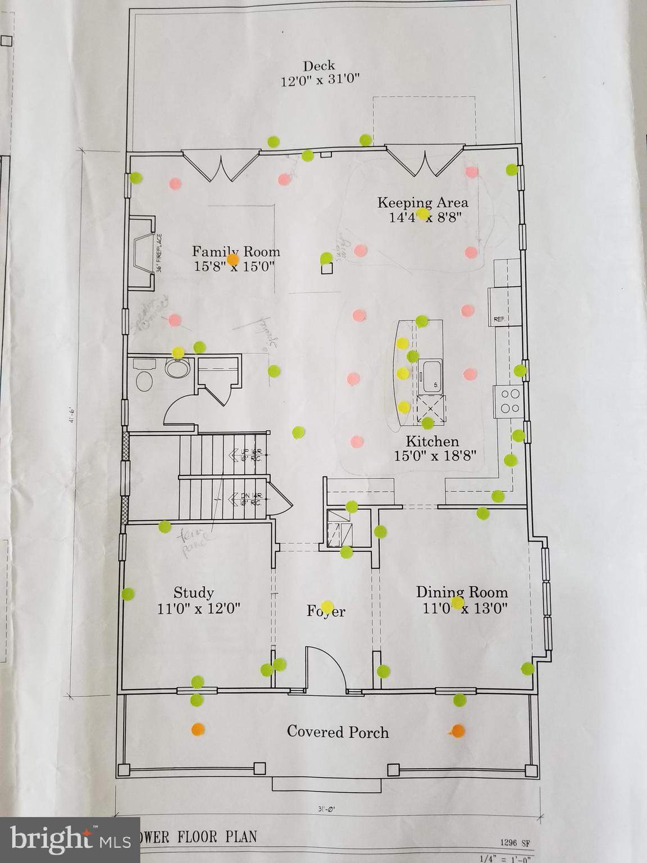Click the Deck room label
click(320, 66)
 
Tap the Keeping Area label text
click(422, 203)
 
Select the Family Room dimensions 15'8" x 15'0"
click(234, 266)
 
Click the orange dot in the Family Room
click(233, 260)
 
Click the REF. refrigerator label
click(499, 319)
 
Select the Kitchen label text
click(432, 442)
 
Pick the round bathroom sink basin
click(177, 369)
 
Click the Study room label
click(194, 593)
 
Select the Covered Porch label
click(338, 732)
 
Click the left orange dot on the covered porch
click(197, 729)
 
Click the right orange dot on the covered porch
click(458, 731)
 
